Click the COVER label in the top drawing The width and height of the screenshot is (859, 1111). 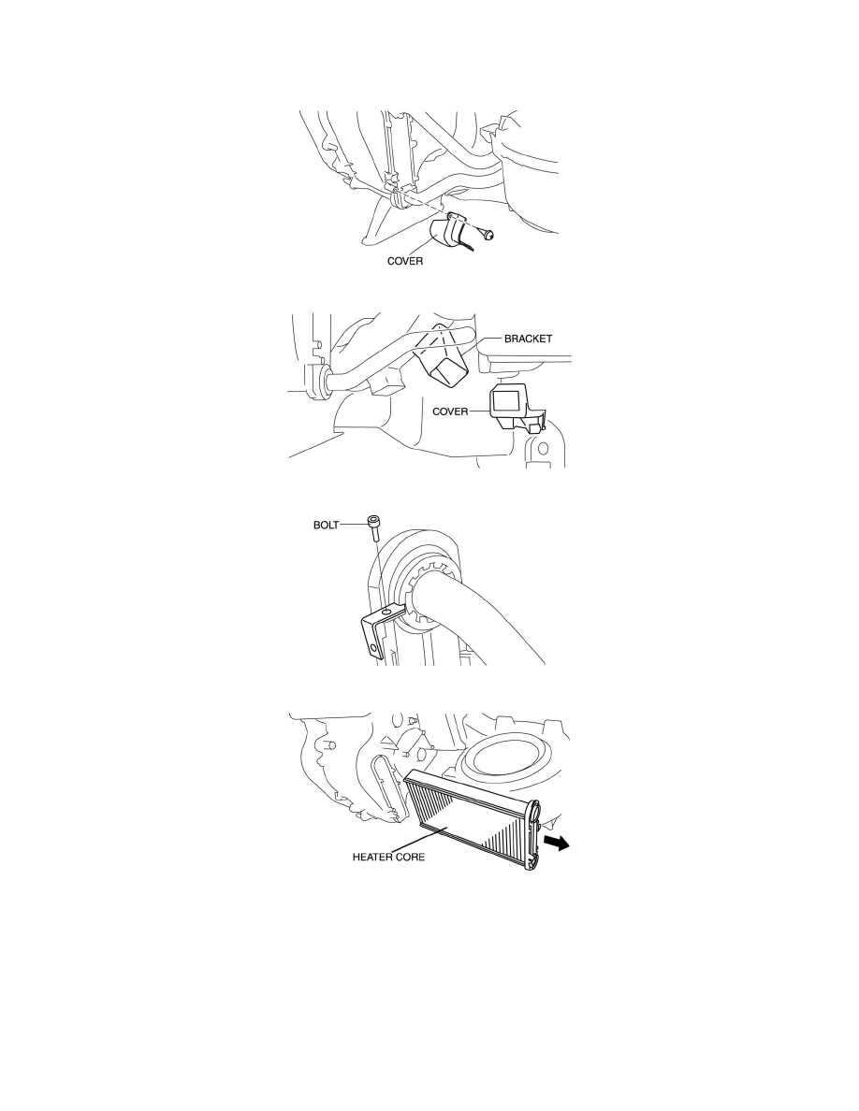pyautogui.click(x=404, y=261)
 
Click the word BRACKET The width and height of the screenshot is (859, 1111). pyautogui.click(x=528, y=339)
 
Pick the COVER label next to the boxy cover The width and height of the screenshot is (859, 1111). pyautogui.click(x=450, y=411)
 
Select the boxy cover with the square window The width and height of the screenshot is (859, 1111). pyautogui.click(x=516, y=409)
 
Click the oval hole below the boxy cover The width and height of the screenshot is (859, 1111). pyautogui.click(x=543, y=449)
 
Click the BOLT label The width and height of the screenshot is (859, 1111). pyautogui.click(x=326, y=526)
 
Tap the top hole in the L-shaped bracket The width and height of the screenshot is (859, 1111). pyautogui.click(x=387, y=610)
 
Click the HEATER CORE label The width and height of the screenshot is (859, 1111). pyautogui.click(x=388, y=857)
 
